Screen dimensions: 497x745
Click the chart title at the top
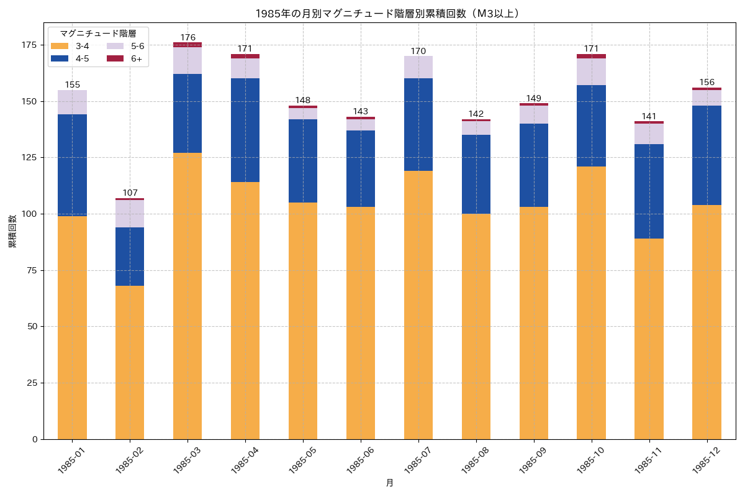tap(387, 13)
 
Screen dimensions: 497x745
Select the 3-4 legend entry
tap(73, 46)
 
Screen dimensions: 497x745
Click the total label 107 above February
tap(130, 193)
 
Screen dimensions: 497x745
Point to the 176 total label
tap(187, 37)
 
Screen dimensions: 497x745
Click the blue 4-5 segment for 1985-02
tap(130, 257)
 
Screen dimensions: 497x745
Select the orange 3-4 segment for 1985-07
tap(418, 304)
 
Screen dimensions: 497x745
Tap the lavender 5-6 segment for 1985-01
tap(72, 103)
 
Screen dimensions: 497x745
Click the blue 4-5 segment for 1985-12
tap(707, 155)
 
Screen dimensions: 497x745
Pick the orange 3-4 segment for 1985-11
tap(649, 339)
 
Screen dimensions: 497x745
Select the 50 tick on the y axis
tap(32, 327)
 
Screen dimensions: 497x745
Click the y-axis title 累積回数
tap(12, 231)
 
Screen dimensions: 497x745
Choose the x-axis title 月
tap(389, 483)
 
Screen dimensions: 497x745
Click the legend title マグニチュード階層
tap(97, 33)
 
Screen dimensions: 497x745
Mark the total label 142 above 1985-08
tap(476, 114)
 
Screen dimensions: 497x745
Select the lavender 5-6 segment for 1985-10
tap(591, 71)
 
